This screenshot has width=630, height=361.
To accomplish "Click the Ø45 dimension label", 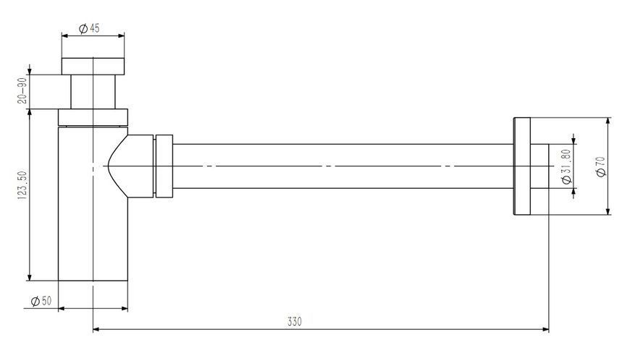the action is tap(89, 28).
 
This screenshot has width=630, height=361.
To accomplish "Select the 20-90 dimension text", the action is tap(22, 90).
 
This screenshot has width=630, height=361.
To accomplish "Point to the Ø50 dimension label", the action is tap(41, 301).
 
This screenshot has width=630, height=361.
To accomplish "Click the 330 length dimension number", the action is tap(295, 322).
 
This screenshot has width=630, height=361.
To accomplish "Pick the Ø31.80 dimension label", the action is tap(566, 166).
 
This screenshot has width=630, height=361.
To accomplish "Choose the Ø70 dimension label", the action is tap(601, 166).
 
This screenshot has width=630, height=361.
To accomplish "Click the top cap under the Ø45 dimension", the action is tap(93, 67).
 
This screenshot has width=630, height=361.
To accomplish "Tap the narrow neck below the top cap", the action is tap(93, 92).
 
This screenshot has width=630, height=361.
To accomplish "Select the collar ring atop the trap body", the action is tap(93, 117).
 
